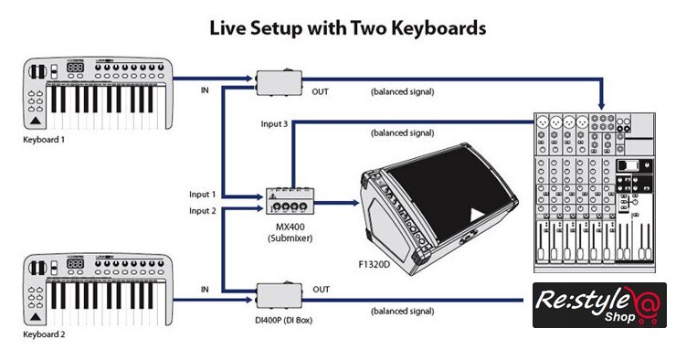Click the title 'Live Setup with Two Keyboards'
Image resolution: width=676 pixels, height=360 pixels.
coord(347,28)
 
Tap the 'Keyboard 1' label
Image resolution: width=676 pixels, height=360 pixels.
coord(44,140)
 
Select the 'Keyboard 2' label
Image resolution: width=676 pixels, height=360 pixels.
coord(44,334)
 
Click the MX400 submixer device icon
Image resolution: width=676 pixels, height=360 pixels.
coord(290,201)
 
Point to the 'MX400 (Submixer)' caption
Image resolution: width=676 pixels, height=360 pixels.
coord(290,232)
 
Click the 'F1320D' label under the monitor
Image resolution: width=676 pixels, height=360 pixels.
coord(375,264)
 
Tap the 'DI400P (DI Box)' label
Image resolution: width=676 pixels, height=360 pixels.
coord(284,321)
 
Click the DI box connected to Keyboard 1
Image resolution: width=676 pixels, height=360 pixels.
coord(279,82)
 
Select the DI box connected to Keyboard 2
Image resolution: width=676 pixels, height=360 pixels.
coord(279,295)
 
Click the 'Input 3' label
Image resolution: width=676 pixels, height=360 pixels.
coord(274,124)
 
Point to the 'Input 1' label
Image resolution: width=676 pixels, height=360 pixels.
coord(202,195)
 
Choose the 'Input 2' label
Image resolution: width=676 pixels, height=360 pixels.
coord(203,211)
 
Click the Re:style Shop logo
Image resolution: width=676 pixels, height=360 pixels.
coord(599,305)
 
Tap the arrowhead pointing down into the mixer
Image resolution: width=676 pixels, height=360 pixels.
coord(601,106)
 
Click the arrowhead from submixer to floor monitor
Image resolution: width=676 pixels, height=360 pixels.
coord(356,203)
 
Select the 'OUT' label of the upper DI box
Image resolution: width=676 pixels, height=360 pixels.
coord(321,92)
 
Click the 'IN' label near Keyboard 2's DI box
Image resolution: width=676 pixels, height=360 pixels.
coord(205,290)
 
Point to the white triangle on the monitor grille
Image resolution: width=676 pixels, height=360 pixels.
coord(476,215)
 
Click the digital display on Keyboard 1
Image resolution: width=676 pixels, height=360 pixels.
coord(75,68)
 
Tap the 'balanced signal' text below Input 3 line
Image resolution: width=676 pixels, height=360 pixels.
coord(403,133)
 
